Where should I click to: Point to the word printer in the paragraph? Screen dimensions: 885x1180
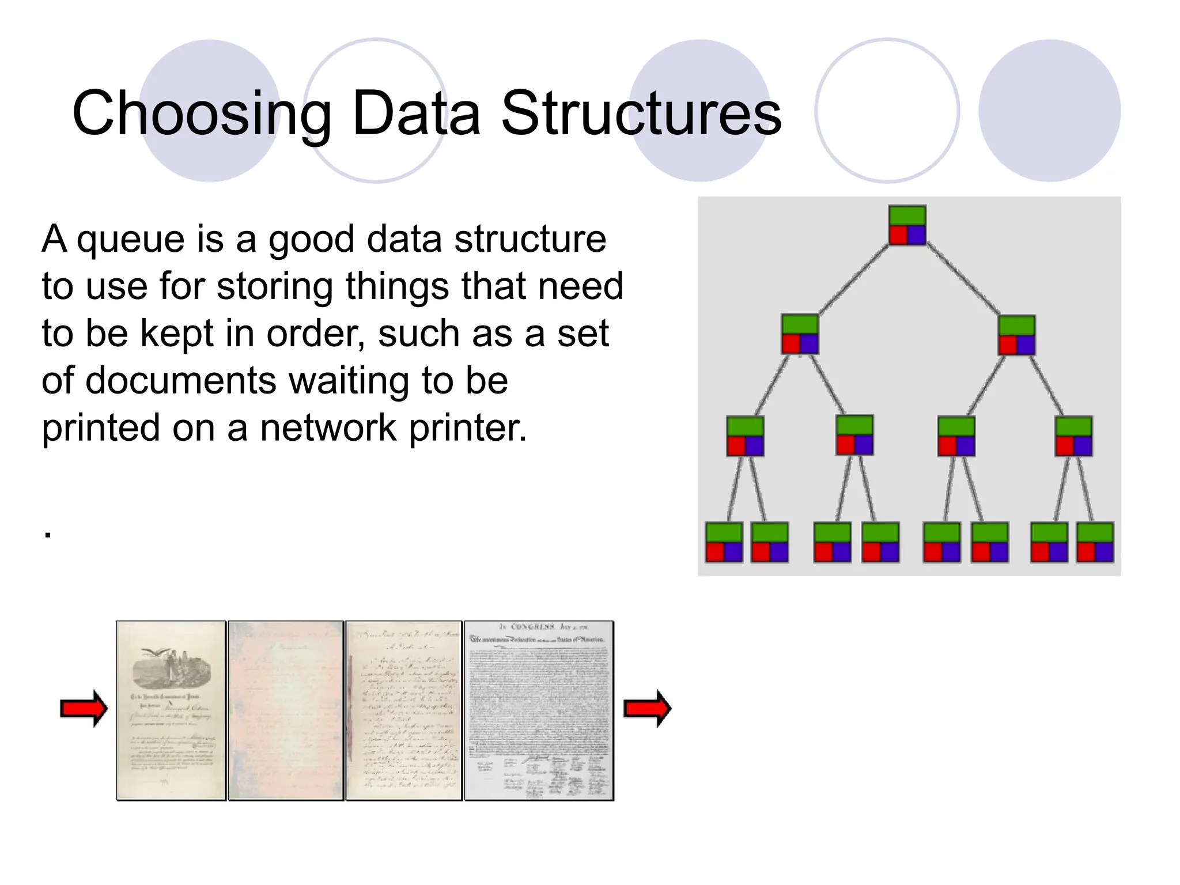pos(467,428)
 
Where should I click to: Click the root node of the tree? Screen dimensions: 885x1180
pos(907,225)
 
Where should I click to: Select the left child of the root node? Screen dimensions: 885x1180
pos(800,334)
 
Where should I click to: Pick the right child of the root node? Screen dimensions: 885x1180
pos(1016,335)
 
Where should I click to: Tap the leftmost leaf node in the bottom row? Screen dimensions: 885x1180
pos(724,542)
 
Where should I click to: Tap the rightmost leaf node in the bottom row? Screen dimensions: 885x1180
pos(1095,542)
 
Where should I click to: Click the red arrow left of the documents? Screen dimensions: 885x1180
pos(84,709)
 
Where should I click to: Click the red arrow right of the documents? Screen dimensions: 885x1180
pos(648,709)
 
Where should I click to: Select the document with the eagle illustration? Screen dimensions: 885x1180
pos(171,710)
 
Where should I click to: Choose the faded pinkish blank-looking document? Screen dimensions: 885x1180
pos(286,710)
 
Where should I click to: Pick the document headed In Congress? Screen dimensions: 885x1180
pos(539,710)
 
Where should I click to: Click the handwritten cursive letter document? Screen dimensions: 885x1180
pos(404,710)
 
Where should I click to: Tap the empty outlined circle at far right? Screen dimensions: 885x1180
pos(887,111)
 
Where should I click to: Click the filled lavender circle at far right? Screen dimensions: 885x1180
pos(1049,111)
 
